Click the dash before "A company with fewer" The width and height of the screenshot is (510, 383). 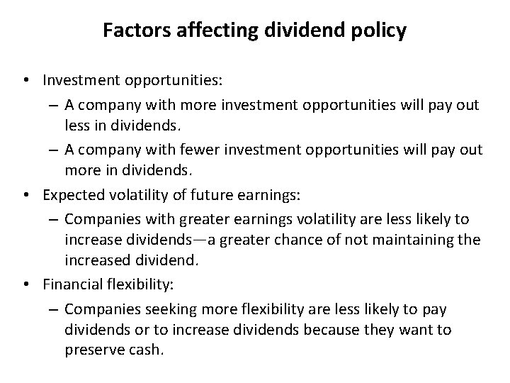55,151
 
